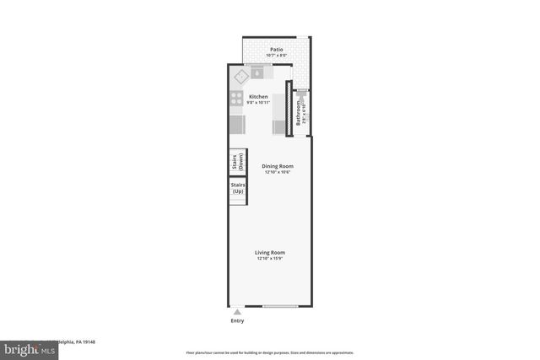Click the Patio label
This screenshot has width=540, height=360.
point(276,50)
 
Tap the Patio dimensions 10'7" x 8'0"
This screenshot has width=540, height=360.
point(276,56)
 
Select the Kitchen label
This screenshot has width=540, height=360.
point(258,97)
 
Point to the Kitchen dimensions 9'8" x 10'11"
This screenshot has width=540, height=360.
point(258,103)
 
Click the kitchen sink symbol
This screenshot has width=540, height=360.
point(256,73)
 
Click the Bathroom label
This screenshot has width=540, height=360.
point(298,114)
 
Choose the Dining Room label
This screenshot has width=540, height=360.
point(277,166)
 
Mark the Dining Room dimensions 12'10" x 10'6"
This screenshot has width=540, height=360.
point(277,172)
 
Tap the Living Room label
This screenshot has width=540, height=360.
point(271,252)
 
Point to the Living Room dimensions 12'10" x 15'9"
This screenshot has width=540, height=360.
point(271,258)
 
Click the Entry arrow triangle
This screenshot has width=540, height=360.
point(236,311)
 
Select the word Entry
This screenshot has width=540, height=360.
point(236,321)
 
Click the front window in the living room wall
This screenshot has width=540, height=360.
point(280,304)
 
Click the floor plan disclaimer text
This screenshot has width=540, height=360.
point(270,352)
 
